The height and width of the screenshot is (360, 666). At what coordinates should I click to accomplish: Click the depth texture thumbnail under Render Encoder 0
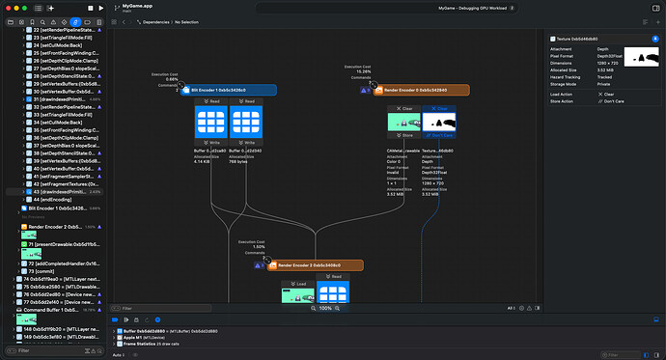point(439,122)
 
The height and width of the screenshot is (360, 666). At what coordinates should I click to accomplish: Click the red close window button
point(10,8)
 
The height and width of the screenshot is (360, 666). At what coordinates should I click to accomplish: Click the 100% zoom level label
point(325,308)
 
